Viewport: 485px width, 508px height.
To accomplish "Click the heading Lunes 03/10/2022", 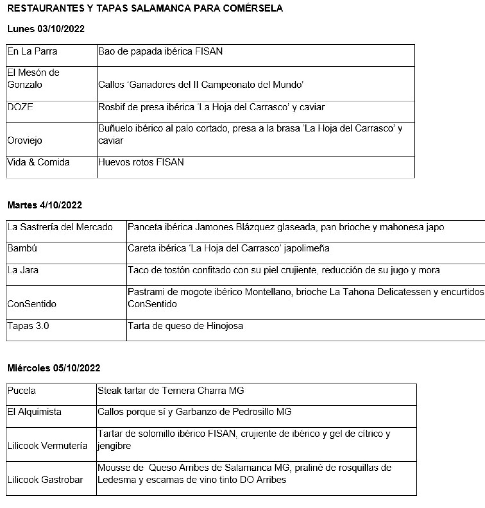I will point(46,29).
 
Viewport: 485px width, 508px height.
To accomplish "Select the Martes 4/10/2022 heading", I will point(45,205).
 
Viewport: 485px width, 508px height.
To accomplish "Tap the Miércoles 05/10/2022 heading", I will point(54,368).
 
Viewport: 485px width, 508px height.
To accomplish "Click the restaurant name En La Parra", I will point(32,51).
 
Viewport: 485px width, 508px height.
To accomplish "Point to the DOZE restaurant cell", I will point(20,107).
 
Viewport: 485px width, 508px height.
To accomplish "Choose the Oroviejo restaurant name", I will point(25,140).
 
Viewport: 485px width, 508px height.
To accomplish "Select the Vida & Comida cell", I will point(38,162).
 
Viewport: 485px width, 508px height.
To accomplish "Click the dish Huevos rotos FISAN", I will point(141,162).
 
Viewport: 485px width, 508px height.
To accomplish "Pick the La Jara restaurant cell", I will point(23,270).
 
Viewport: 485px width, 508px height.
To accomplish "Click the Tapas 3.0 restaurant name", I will point(28,325).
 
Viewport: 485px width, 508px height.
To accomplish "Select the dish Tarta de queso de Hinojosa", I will point(185,325).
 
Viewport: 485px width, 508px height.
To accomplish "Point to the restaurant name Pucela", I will point(22,390).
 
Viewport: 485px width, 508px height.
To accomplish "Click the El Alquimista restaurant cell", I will point(34,412).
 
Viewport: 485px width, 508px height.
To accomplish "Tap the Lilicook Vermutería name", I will point(47,445).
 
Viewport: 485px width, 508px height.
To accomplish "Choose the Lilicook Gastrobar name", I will point(45,480).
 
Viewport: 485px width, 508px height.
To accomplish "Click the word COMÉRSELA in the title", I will point(253,8).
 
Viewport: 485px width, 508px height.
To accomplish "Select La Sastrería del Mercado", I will point(60,227).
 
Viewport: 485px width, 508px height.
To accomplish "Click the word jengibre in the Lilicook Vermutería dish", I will point(114,445).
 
